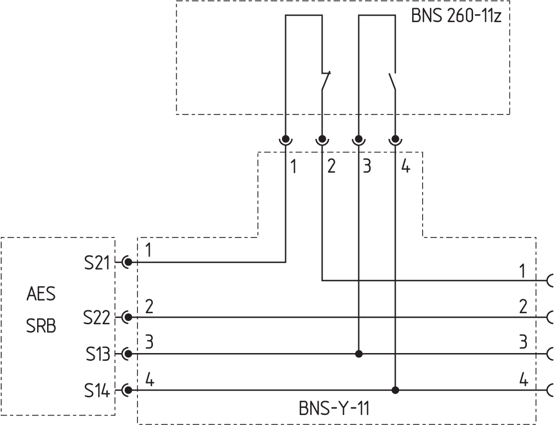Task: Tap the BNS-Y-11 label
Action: (334, 409)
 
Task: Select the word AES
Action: (41, 294)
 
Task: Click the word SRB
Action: (41, 326)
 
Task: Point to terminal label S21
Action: (98, 263)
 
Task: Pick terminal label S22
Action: (98, 318)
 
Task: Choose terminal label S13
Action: (98, 354)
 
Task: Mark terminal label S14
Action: (98, 391)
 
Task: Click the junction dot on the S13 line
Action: (359, 354)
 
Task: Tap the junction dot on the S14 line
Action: (395, 390)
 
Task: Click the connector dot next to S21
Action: (128, 262)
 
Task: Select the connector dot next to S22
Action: (128, 317)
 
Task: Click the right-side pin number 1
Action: (522, 271)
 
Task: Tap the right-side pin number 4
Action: (524, 381)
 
